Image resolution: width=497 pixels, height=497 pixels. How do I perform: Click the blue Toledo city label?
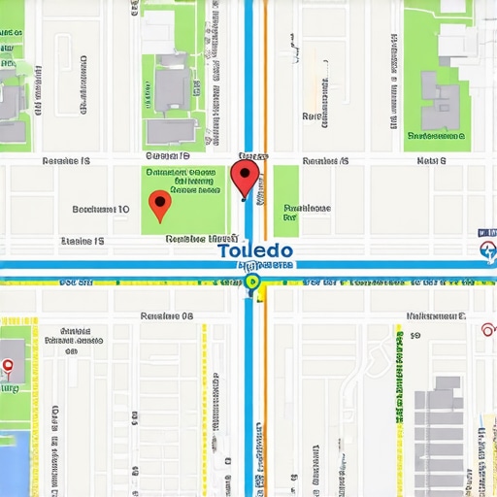click(x=255, y=249)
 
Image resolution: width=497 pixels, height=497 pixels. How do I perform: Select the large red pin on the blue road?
click(x=245, y=178)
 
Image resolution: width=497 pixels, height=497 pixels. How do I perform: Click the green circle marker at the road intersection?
click(x=252, y=282)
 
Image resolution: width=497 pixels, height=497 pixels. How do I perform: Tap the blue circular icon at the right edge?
click(x=488, y=253)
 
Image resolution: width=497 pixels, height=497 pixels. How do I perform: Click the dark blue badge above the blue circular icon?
click(x=482, y=234)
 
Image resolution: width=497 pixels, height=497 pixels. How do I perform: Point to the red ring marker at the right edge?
click(x=487, y=327)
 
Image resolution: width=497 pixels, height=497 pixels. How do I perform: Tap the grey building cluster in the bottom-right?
click(x=442, y=427)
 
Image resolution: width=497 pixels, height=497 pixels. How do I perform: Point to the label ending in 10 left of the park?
click(x=101, y=209)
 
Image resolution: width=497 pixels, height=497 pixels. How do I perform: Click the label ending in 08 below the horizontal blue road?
click(x=167, y=316)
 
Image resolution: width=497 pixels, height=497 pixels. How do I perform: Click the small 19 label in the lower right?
click(x=414, y=335)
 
